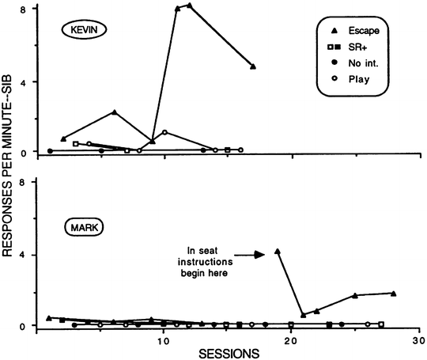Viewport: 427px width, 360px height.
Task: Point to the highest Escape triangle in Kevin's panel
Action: coord(190,6)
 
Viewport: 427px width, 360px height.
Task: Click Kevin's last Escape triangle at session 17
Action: coord(252,66)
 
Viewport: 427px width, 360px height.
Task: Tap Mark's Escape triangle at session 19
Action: coord(278,252)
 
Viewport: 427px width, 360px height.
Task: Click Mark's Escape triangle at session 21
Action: coord(303,315)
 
